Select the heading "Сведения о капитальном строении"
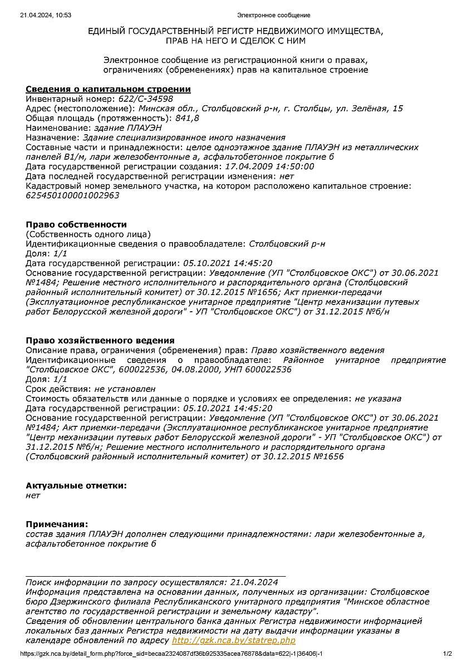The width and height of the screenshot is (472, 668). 108,89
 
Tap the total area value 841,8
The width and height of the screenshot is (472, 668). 187,118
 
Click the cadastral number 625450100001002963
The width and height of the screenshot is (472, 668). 72,195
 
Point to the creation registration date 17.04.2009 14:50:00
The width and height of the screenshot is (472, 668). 269,166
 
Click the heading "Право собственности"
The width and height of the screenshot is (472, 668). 76,224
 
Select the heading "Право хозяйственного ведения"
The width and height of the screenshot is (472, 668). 100,340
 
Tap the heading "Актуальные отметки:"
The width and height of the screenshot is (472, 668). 76,485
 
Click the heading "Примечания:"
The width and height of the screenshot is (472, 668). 57,524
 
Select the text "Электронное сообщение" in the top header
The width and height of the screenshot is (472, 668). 273,15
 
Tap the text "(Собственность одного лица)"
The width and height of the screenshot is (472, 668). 88,234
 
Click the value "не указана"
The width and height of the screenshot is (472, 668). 378,398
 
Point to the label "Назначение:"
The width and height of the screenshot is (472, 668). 53,137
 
